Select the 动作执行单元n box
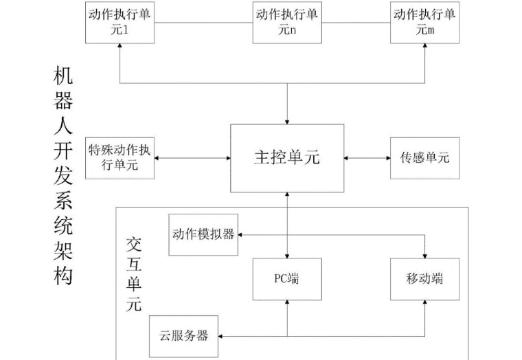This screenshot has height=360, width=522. point(287,22)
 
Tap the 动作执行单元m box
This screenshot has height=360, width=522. point(424,22)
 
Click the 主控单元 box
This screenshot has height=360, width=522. point(287,158)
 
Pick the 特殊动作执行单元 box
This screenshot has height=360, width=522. point(120,158)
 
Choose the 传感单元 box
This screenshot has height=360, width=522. point(424,158)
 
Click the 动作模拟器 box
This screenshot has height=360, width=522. point(203,234)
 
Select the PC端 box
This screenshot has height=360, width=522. point(287,278)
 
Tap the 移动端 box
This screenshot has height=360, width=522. point(424,278)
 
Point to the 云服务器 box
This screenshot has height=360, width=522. point(184,336)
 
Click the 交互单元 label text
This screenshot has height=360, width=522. point(135,275)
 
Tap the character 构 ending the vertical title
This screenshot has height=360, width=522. point(63,275)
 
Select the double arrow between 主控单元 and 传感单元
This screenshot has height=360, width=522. point(367,158)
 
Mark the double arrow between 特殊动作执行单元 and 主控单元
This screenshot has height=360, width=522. point(192,158)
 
